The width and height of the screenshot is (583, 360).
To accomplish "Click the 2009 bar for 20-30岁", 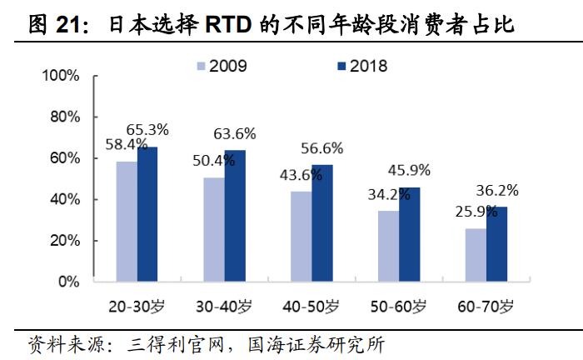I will click(127, 221).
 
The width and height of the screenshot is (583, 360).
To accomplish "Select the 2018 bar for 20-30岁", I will click(147, 214).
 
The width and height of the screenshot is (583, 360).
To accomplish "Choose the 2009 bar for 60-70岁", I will click(475, 255).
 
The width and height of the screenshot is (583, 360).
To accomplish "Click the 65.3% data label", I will click(147, 129).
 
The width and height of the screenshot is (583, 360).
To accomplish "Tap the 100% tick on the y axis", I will click(61, 76).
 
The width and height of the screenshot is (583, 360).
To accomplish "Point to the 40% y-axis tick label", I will click(64, 200).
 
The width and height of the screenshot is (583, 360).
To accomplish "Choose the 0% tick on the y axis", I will click(68, 282).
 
